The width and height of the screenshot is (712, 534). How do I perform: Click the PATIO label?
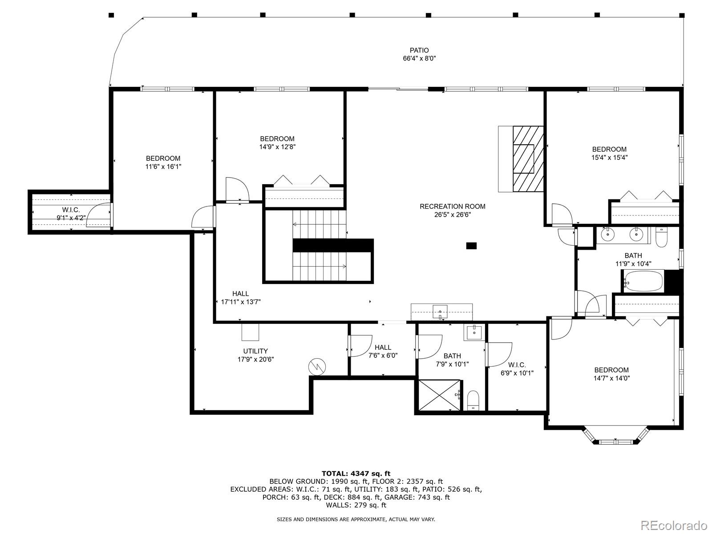[x=419, y=50]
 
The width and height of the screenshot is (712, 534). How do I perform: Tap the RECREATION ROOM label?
[x=453, y=206]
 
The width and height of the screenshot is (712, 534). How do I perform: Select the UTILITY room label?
[x=255, y=351]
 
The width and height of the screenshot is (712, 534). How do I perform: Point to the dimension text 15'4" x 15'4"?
[x=609, y=158]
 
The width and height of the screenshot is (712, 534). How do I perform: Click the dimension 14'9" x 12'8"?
[x=277, y=147]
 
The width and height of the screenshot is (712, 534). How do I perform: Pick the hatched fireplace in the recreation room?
[x=528, y=159]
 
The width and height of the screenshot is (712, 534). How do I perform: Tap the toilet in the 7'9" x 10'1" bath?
[x=473, y=400]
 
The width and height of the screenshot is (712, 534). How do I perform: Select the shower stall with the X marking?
[x=440, y=395]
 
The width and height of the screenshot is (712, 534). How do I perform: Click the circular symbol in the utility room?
[x=317, y=367]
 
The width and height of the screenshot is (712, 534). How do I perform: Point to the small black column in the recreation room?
[x=471, y=246]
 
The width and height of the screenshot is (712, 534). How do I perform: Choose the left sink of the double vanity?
[x=607, y=234]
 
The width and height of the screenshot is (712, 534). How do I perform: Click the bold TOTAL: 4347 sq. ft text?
[x=356, y=473]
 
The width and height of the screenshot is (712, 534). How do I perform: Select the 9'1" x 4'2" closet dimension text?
[x=71, y=218]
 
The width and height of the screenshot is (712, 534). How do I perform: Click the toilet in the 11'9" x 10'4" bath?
[x=661, y=237]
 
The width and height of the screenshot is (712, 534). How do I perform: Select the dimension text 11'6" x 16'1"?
[x=163, y=166]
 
